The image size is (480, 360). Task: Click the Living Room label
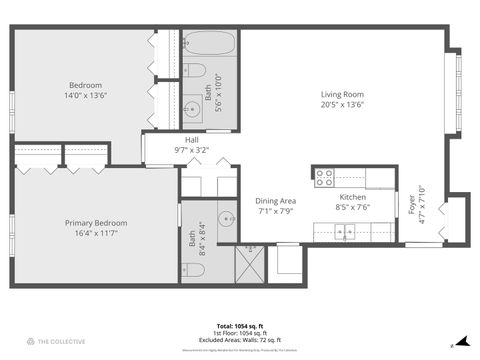click(x=342, y=94)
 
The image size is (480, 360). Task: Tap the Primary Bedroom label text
click(x=95, y=222)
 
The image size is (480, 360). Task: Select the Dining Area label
click(x=275, y=200)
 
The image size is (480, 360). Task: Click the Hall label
click(x=192, y=139)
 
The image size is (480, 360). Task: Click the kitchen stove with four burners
click(x=324, y=177)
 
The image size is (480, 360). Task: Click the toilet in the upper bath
click(x=195, y=71)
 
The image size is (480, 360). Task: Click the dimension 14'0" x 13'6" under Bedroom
click(x=85, y=96)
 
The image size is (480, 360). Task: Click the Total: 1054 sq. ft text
click(x=239, y=326)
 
